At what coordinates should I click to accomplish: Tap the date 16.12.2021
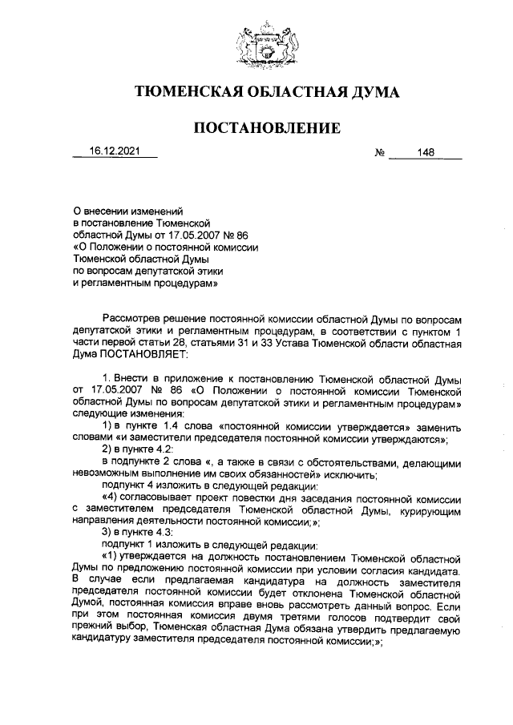point(114,151)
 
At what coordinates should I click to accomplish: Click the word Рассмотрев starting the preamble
point(131,318)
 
